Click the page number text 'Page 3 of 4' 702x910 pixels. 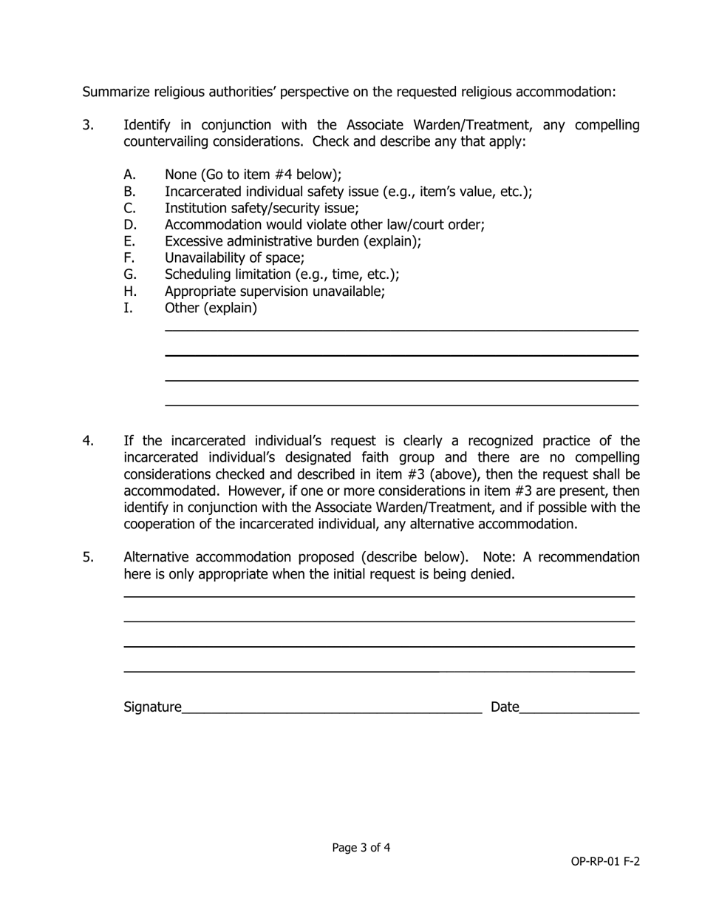point(361,848)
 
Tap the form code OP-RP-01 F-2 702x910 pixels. point(604,861)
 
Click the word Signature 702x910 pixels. point(152,707)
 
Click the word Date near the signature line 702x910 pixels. point(505,707)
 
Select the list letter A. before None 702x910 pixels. point(130,175)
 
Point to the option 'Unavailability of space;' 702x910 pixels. point(234,258)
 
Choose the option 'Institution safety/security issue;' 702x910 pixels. point(262,209)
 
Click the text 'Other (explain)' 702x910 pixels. point(211,308)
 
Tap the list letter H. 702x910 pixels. point(131,291)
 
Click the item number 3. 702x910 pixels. point(88,125)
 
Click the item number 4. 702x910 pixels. point(88,441)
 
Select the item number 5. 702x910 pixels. point(88,557)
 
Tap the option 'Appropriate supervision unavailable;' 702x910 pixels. point(274,291)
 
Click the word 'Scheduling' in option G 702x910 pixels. point(197,274)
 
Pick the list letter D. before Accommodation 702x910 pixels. point(131,225)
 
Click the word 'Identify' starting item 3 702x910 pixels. point(147,125)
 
